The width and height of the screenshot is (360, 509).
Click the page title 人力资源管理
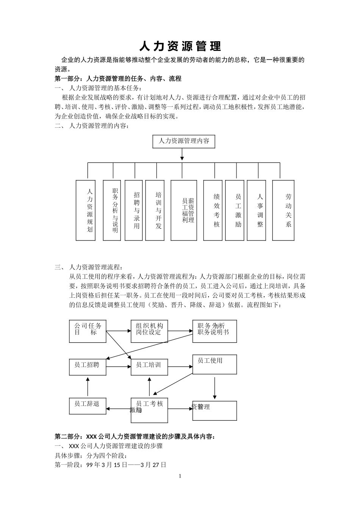pos(180,46)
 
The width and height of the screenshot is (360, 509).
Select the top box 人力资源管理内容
pos(184,141)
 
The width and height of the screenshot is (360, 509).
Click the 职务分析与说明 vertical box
pos(112,210)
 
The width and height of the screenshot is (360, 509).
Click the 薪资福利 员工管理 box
pos(184,210)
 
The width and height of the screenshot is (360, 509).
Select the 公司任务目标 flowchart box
pos(88,331)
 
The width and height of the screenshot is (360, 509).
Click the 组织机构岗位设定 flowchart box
pos(149,331)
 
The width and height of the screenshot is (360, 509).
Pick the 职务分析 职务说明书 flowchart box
pos(214,331)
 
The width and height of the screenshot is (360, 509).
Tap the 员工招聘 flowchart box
pos(88,367)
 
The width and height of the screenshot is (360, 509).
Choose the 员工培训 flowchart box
pos(149,367)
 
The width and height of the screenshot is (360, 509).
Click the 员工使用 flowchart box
pos(214,364)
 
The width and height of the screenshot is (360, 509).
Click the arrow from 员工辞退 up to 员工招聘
pos(88,387)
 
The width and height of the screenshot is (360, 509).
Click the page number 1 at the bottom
pos(180,476)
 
